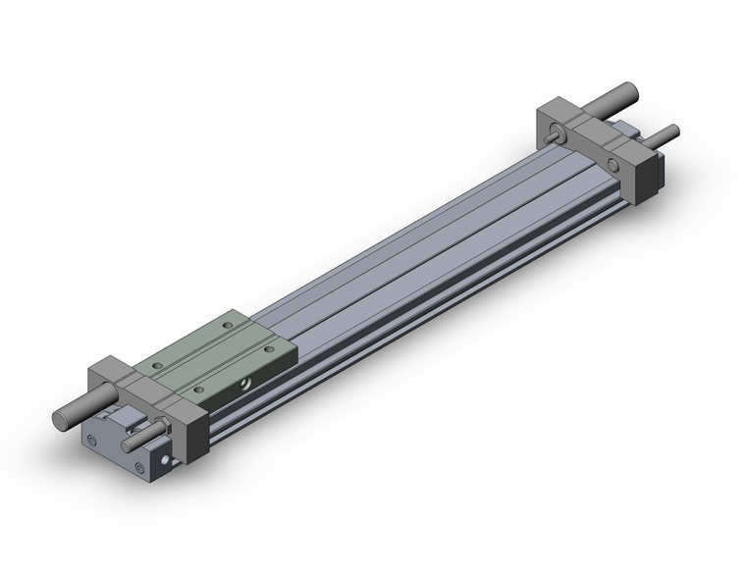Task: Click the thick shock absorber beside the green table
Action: pyautogui.click(x=74, y=411)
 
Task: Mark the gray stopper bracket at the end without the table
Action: pyautogui.click(x=599, y=147)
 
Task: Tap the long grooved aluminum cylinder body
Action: pyautogui.click(x=412, y=265)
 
